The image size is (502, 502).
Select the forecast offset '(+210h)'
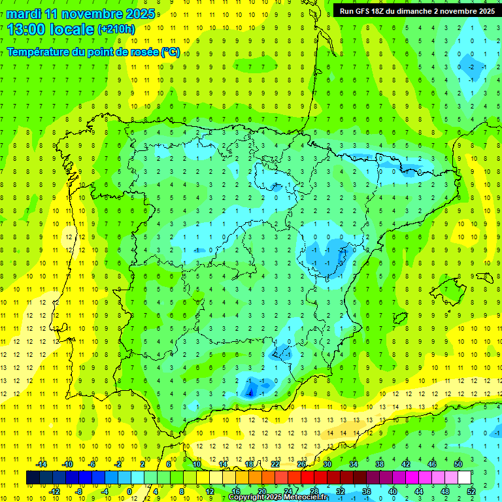click(116, 29)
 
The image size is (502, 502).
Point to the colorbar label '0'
click(129, 491)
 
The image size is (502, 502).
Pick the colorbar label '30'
click(327, 464)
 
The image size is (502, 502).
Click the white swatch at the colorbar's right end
click(465, 477)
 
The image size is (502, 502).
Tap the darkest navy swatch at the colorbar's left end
click(32, 477)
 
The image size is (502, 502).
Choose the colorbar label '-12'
click(55, 491)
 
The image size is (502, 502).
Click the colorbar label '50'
click(458, 464)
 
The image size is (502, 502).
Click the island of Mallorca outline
click(451, 288)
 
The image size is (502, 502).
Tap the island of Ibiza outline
click(398, 318)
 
